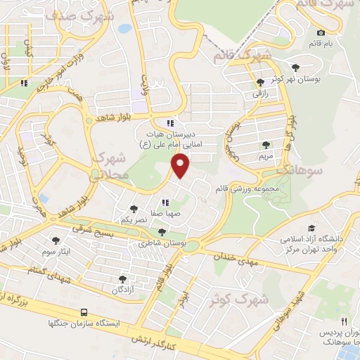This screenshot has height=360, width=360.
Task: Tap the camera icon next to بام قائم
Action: click(321, 32)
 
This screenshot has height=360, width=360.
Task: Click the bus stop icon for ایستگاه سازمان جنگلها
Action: click(84, 311)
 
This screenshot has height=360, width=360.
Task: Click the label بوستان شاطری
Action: click(162, 243)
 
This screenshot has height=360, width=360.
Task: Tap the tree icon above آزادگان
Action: click(122, 279)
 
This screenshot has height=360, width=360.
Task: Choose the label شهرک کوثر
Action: click(239, 300)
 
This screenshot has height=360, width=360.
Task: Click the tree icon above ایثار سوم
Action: click(56, 240)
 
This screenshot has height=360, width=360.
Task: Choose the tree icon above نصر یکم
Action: click(134, 209)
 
